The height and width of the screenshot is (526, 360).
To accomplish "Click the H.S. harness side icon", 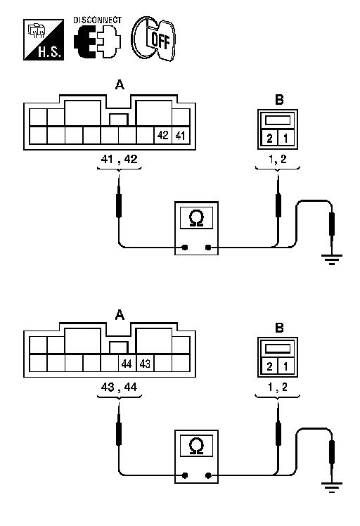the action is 44,39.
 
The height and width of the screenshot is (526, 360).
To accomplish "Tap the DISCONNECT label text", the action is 97,20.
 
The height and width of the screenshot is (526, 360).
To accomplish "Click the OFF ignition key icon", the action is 153,39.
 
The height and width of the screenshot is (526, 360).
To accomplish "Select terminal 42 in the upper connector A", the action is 162,135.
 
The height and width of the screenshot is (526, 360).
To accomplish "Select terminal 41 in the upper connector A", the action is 181,135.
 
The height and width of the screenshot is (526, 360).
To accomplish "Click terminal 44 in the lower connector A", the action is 127,364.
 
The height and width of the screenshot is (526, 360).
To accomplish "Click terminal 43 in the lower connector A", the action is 145,364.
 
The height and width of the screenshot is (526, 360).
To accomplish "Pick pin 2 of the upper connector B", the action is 269,139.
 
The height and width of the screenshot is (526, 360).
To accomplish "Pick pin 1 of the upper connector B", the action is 286,139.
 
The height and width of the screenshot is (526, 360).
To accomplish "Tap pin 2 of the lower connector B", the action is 269,366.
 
